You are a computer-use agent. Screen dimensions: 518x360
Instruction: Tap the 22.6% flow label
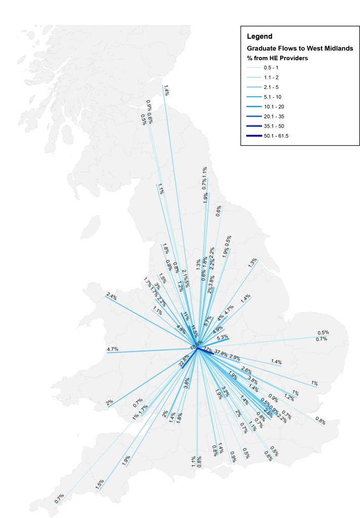click(184, 361)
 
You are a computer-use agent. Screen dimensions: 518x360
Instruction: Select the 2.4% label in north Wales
click(112, 297)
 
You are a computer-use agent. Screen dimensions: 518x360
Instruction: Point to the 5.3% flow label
click(222, 337)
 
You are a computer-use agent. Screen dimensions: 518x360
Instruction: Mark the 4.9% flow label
click(217, 329)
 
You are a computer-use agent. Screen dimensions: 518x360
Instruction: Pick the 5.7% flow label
click(207, 320)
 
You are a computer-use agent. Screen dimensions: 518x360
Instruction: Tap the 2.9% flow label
click(235, 357)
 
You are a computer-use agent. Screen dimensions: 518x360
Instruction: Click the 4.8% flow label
click(181, 328)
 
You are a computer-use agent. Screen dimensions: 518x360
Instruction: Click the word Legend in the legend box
click(259, 36)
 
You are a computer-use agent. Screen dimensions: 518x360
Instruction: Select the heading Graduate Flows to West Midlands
click(299, 49)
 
